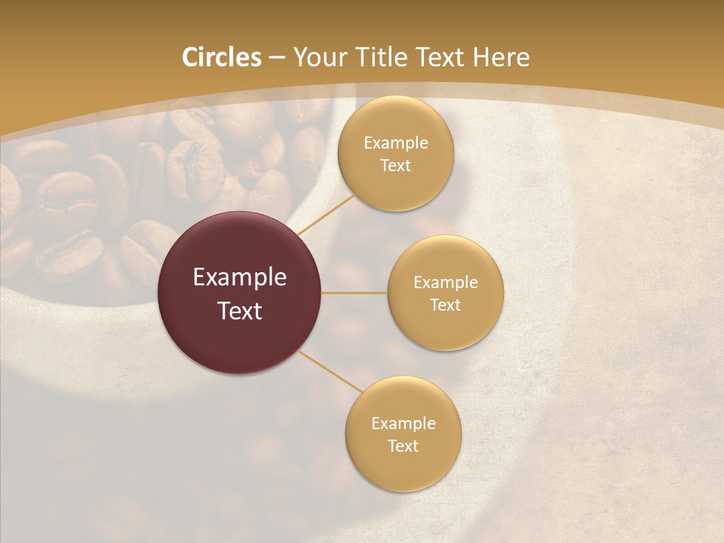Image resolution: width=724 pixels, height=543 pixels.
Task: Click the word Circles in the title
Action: (221, 57)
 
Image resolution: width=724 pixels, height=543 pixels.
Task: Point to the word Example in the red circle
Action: (240, 278)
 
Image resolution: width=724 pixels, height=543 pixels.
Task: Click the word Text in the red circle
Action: (240, 311)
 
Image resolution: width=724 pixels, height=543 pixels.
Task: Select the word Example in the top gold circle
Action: (396, 143)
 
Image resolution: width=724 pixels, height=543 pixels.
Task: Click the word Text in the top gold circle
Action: (395, 165)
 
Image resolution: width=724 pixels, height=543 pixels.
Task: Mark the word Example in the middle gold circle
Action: (446, 282)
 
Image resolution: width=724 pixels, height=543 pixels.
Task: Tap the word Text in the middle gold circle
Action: (445, 305)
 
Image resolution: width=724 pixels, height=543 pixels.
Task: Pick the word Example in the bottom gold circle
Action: (403, 423)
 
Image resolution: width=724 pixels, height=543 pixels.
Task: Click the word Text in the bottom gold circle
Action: (403, 446)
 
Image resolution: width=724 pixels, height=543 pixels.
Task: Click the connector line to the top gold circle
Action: (326, 214)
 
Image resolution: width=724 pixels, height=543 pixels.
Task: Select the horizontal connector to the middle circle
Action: (354, 292)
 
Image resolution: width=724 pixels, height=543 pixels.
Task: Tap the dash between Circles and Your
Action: (277, 58)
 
